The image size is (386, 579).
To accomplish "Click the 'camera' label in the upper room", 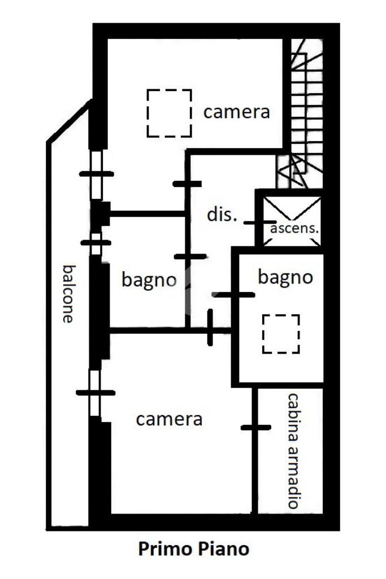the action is point(236,112).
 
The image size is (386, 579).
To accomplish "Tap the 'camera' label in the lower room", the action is point(169,419).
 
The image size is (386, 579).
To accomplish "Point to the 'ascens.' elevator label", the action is point(294,228).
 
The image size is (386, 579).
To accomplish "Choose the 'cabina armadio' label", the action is point(293,451).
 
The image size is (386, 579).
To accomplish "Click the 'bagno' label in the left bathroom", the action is point(149,280).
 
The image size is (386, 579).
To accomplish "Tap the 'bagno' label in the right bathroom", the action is point(285,277).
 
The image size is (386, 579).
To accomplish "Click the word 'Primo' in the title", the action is point(164,548).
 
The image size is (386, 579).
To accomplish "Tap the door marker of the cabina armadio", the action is point(255,428).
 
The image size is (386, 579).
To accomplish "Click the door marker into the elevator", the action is point(259,223).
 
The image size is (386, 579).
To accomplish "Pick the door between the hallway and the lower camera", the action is point(210,327).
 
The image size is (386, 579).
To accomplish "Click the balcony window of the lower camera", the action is point(95,393).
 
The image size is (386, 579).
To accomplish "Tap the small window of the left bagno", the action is point(96,242).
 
